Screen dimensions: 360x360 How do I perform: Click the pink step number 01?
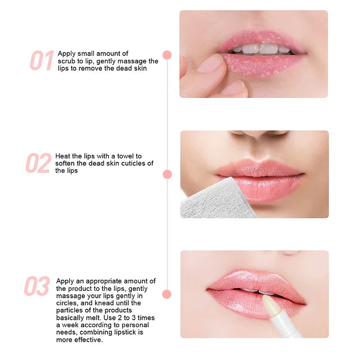pos(41,60)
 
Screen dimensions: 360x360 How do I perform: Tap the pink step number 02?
pos(39,163)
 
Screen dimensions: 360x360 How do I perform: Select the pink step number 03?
pos(37,286)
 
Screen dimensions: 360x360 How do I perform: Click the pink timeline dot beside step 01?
pos(167,55)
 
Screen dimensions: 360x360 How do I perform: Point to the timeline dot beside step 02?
pos(168,175)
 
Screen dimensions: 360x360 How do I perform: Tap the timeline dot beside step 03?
pos(166,294)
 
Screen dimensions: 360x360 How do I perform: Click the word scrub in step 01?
pos(67,61)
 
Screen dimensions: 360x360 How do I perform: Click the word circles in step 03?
pos(66,303)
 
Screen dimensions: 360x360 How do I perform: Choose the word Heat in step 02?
pos(63,156)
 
